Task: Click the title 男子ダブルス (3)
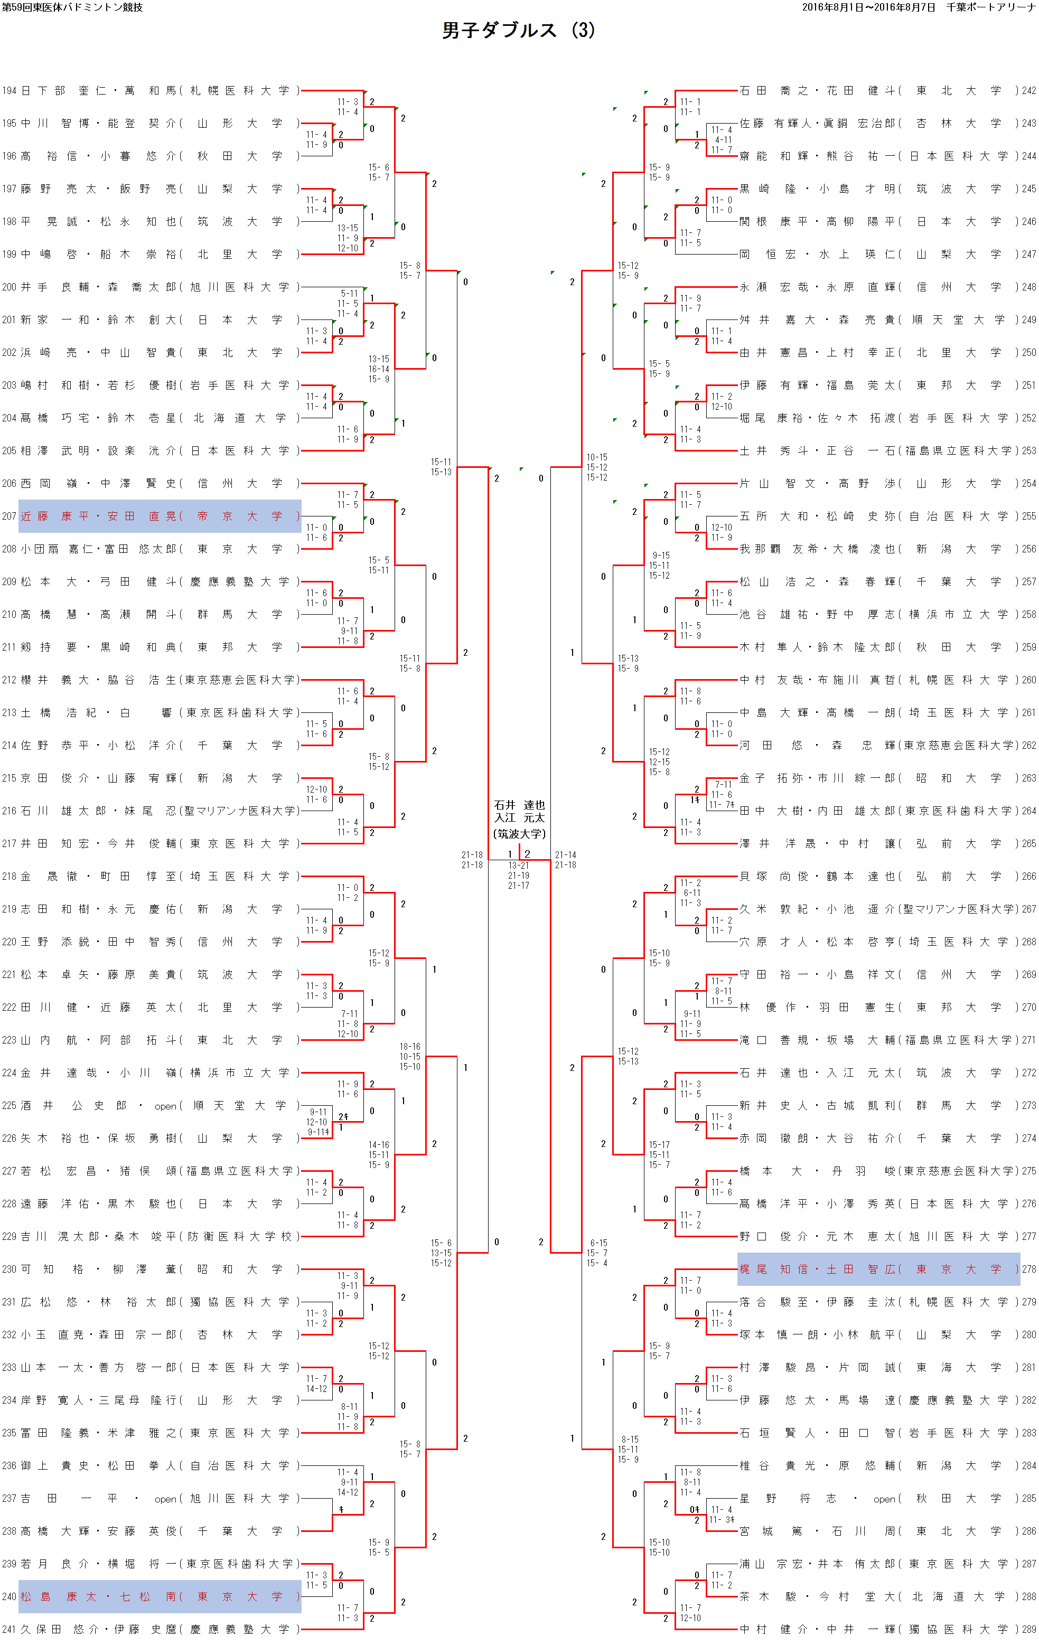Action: click(518, 30)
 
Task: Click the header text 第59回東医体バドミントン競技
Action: click(72, 7)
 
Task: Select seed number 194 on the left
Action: click(9, 91)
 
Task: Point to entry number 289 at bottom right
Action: click(1029, 1630)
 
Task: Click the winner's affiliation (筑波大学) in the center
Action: click(520, 834)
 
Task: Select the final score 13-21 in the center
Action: click(518, 866)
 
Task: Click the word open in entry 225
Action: click(165, 1106)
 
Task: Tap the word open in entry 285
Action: click(885, 1499)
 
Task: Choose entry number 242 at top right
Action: click(1029, 91)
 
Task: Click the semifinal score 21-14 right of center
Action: click(565, 855)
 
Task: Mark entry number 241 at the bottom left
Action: click(9, 1630)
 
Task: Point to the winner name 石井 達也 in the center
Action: click(520, 805)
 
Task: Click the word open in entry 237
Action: click(165, 1499)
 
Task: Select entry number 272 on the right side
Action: click(1029, 1073)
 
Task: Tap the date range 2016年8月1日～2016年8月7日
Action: click(868, 7)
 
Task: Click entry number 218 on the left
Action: click(9, 876)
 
